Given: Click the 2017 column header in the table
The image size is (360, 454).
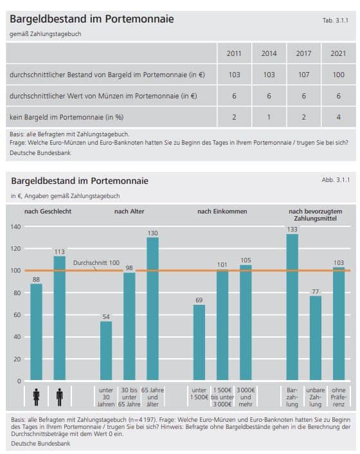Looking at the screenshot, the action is point(303,53).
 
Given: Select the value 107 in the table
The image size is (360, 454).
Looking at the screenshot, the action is point(303,75).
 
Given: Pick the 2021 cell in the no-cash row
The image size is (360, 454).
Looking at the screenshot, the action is point(338,117).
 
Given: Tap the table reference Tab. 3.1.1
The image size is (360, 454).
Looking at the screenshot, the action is point(335,21).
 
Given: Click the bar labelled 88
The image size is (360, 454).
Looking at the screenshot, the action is point(36,332).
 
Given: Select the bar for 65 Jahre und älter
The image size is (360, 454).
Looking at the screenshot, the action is point(152,309).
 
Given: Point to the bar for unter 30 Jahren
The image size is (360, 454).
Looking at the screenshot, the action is point(106,350).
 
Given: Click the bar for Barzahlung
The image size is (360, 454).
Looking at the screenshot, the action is point(292,307).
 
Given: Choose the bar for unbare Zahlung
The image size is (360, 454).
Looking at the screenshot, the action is point(316,338).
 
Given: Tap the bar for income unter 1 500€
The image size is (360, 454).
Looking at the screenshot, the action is point(199,342).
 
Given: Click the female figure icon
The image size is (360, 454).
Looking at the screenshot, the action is point(36,397).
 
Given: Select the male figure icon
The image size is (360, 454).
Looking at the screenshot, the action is point(60,397).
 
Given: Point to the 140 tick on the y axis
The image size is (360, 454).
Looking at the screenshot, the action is point(15,227).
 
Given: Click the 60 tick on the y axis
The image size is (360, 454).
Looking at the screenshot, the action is point(17,314).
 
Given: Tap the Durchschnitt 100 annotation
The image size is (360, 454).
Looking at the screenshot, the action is point(96,263).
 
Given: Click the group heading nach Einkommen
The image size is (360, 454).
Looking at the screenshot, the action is point(222,212).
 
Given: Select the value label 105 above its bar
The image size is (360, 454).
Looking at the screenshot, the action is point(246,260).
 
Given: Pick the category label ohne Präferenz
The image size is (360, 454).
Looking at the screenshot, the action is point(339,397).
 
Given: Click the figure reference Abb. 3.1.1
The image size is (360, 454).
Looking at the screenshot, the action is point(336,180).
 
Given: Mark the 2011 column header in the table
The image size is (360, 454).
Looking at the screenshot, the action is point(234,53).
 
